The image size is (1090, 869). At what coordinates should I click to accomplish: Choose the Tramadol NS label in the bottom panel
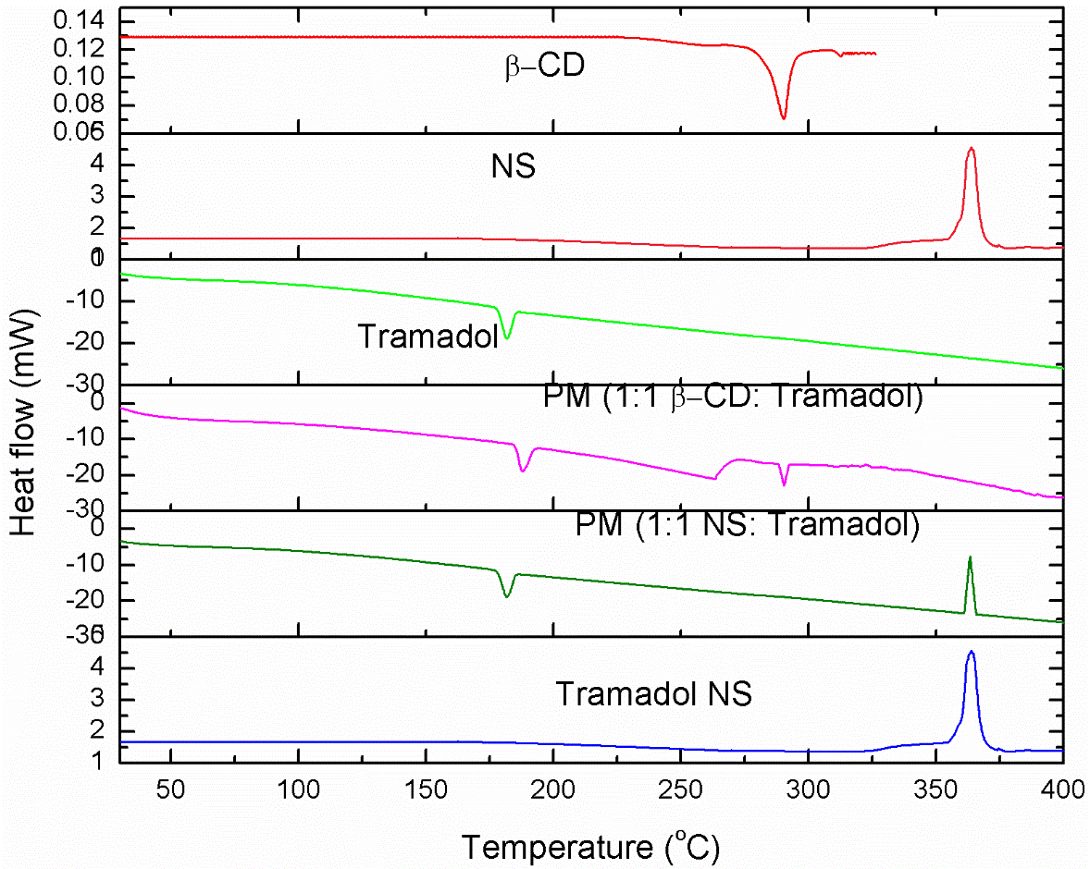[x=653, y=693]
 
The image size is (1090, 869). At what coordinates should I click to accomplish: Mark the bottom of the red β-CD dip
[x=784, y=118]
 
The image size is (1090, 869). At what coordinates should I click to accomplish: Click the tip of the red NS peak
[x=971, y=148]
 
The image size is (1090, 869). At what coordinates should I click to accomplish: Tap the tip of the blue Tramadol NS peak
[x=971, y=652]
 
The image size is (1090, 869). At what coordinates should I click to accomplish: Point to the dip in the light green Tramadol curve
[x=506, y=338]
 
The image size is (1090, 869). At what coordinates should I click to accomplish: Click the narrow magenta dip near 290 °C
[x=784, y=484]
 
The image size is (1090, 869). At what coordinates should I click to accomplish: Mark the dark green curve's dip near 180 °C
[x=506, y=596]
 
